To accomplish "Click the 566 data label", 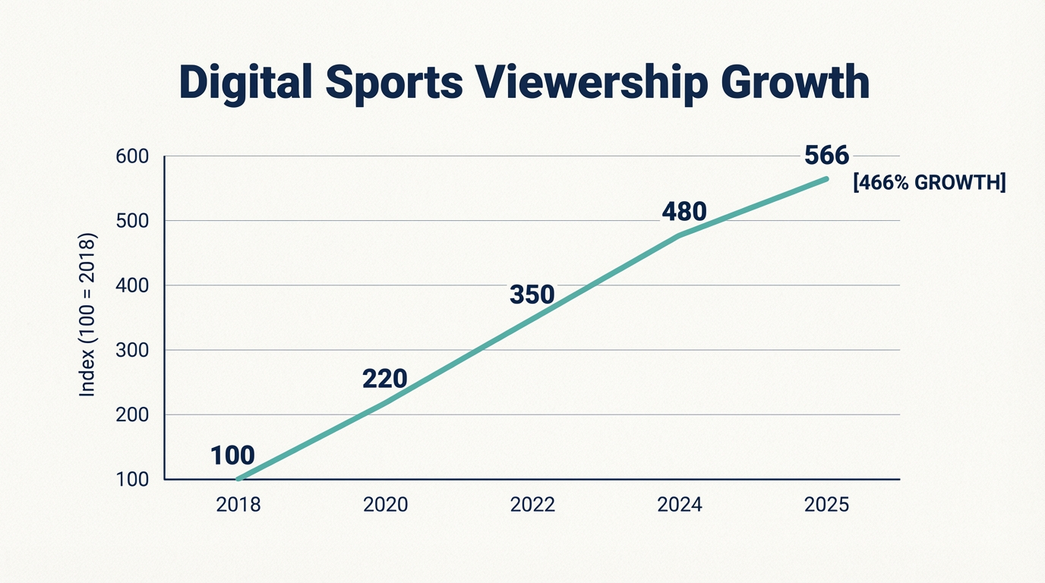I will point(826,156).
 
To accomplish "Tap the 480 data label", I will point(684,212).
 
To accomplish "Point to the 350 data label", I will point(532,295).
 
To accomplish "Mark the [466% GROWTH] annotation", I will point(930,182).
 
